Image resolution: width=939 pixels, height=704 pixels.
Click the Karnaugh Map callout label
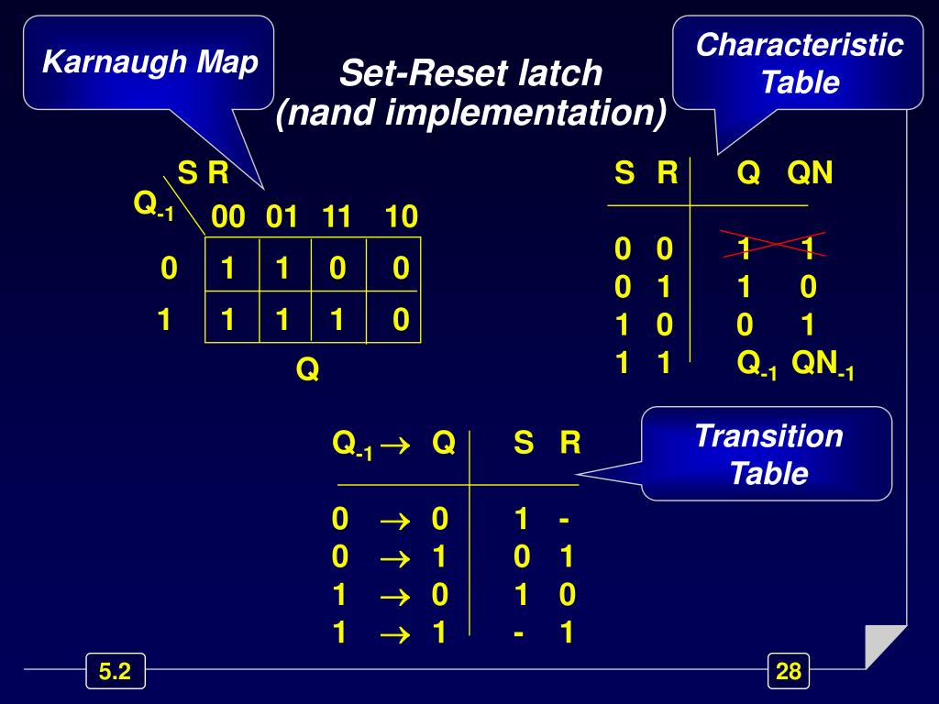(x=150, y=63)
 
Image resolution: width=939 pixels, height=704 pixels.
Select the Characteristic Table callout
(x=799, y=63)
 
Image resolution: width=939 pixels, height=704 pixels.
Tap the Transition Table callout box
(x=768, y=454)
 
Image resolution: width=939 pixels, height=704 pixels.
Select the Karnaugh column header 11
(x=337, y=217)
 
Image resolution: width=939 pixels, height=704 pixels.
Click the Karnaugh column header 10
(x=401, y=217)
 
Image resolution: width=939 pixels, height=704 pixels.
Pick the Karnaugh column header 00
(x=227, y=217)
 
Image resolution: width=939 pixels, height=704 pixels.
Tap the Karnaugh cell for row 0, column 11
(x=337, y=269)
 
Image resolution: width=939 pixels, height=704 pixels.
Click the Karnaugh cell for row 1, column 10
(x=400, y=320)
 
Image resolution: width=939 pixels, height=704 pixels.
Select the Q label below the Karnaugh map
(x=307, y=370)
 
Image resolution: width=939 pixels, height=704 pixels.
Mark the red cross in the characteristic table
(x=776, y=245)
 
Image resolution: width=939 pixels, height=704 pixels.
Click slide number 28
(x=789, y=672)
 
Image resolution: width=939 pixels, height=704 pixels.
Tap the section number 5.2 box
(x=115, y=672)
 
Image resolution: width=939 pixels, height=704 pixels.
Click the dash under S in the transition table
(x=520, y=632)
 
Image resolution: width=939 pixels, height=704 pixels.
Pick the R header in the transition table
(x=569, y=444)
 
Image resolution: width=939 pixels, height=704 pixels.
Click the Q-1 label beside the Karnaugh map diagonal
(x=152, y=205)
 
